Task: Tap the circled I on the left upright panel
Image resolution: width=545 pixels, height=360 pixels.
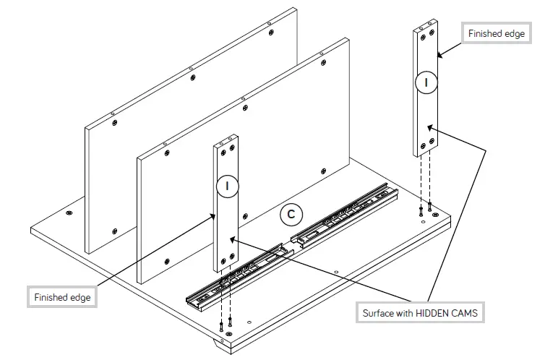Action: point(227,187)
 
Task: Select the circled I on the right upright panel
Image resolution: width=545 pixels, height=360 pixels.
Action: point(426,83)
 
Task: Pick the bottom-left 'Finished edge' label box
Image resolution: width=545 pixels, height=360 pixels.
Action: point(61,298)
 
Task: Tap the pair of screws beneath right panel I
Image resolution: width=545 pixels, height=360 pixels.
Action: point(425,210)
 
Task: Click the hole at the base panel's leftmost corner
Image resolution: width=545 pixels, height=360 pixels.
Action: point(69,214)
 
